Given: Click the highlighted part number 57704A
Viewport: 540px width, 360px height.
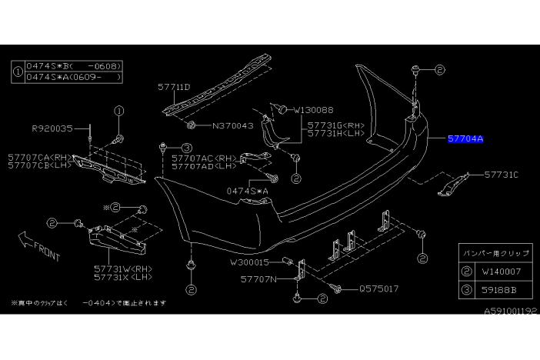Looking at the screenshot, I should point(465,139).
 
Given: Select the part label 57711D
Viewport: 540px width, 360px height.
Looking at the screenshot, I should point(174,88).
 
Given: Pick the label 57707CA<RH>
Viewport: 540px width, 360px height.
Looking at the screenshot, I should point(39,156).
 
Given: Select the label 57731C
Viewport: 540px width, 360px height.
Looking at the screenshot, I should point(501,175).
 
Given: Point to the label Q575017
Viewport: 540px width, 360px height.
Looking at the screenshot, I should point(378,290).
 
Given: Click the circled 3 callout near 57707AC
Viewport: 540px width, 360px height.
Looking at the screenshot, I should point(186,148).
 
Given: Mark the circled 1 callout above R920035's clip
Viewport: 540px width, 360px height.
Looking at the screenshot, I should point(119,111).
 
